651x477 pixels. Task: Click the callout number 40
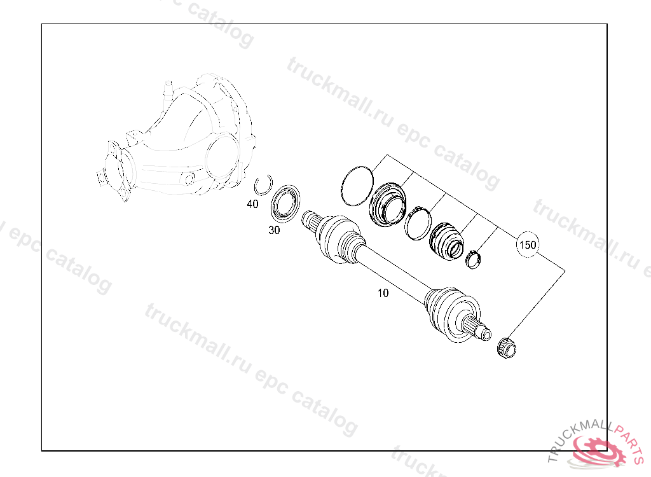pos(252,204)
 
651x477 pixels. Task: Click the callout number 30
pos(274,230)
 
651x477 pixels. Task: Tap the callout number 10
pos(383,293)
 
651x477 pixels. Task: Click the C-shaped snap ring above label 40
pos(263,184)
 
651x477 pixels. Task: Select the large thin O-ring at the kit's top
pos(356,184)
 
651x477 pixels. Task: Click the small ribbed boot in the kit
pos(448,240)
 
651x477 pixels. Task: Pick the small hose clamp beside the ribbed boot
pos(474,259)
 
